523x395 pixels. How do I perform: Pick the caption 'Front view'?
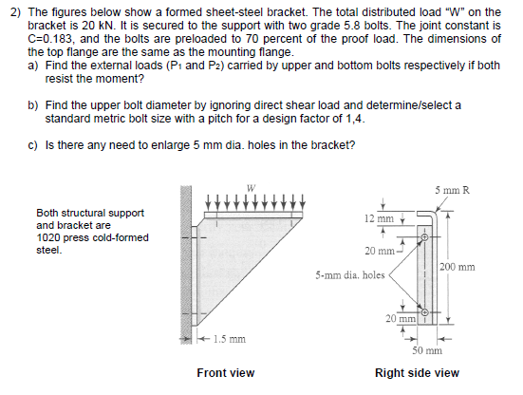pyautogui.click(x=225, y=373)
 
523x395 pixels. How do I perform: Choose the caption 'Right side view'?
pyautogui.click(x=417, y=373)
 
